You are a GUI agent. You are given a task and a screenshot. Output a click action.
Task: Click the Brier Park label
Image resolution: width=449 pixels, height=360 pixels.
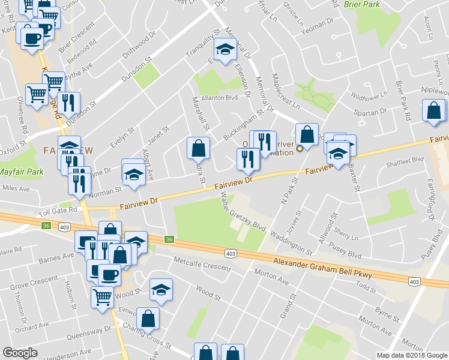pyautogui.click(x=363, y=4)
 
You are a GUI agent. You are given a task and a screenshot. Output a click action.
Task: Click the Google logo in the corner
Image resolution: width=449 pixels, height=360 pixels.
pyautogui.click(x=20, y=353)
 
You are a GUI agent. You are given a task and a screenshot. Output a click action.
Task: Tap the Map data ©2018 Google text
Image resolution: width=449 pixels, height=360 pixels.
pyautogui.click(x=412, y=355)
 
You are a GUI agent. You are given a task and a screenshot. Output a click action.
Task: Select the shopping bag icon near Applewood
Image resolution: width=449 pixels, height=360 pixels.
pyautogui.click(x=433, y=111)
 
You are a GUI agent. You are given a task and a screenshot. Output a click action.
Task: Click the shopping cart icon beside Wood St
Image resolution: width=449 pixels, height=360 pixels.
pyautogui.click(x=102, y=295)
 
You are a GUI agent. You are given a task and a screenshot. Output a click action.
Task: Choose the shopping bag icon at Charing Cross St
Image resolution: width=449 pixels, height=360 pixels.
pyautogui.click(x=148, y=319)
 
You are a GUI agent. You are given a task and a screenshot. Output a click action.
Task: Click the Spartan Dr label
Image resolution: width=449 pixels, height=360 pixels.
pyautogui.click(x=369, y=113)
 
